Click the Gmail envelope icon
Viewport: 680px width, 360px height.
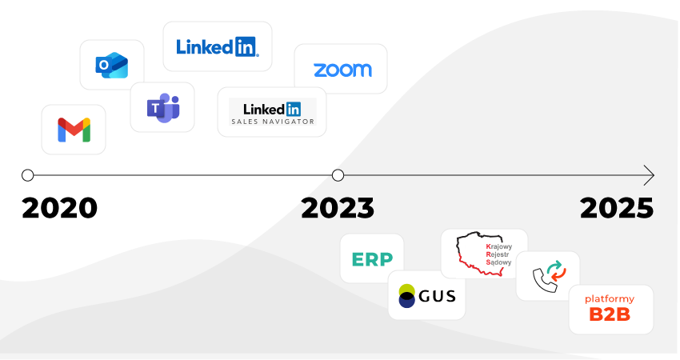[74, 130]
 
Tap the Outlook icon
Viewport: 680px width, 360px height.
[111, 66]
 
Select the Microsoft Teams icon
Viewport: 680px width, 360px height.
[162, 107]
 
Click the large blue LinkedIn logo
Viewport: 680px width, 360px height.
[217, 46]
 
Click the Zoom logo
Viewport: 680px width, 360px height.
[342, 70]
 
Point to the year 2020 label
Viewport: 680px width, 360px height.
[60, 208]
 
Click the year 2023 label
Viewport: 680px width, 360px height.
[337, 208]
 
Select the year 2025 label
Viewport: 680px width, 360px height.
[617, 208]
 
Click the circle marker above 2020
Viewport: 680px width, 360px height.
[28, 175]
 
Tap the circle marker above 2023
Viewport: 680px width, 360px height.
[338, 175]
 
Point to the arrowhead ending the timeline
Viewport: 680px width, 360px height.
[649, 175]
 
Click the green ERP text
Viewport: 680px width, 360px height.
[372, 259]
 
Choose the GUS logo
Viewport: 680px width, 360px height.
[426, 296]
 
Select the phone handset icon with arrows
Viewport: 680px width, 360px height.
[548, 276]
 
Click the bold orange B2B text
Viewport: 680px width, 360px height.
[610, 314]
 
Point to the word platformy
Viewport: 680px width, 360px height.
[610, 298]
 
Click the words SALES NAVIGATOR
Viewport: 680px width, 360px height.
[272, 122]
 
